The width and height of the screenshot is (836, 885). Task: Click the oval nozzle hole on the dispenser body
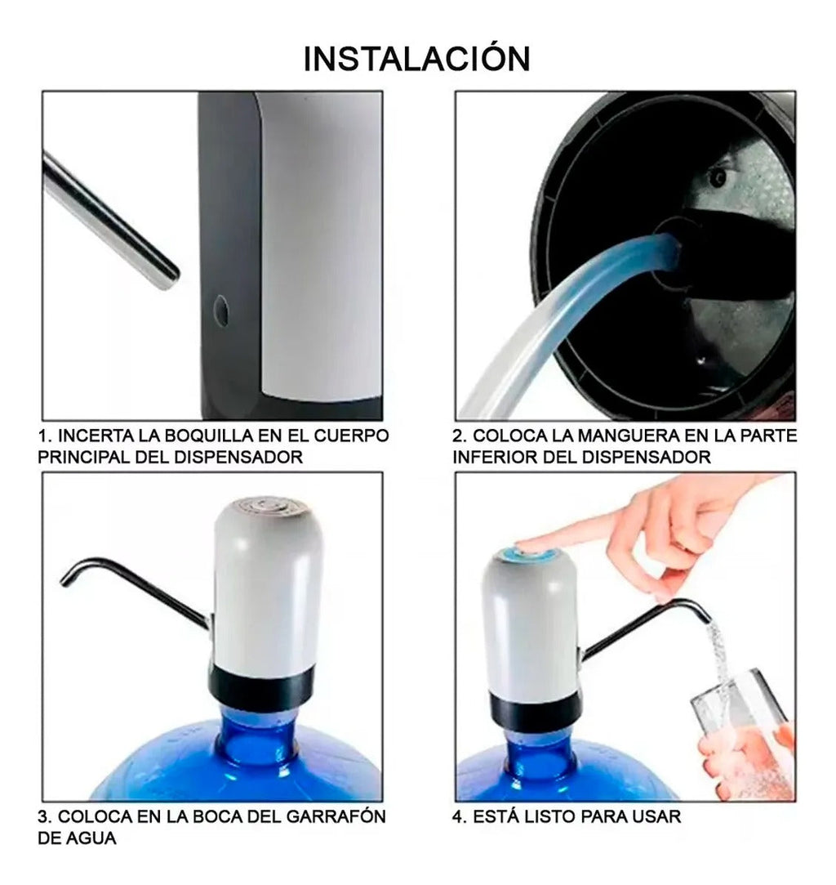pos(221,311)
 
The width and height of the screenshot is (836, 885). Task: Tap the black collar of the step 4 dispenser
pos(536,710)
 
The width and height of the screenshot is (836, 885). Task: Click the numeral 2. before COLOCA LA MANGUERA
pos(460,436)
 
